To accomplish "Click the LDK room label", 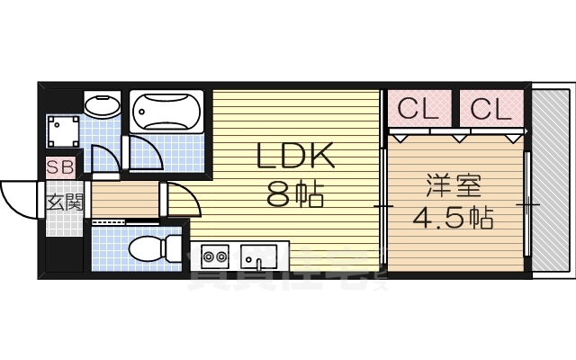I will (296, 157).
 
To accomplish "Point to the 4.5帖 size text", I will (453, 219).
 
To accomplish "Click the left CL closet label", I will (418, 109).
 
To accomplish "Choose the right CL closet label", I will (490, 109).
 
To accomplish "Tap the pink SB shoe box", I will (61, 166).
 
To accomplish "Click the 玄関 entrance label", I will (64, 202).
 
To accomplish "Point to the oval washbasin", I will (102, 106).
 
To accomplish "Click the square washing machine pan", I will (64, 133).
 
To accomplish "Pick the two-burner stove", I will (214, 258).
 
